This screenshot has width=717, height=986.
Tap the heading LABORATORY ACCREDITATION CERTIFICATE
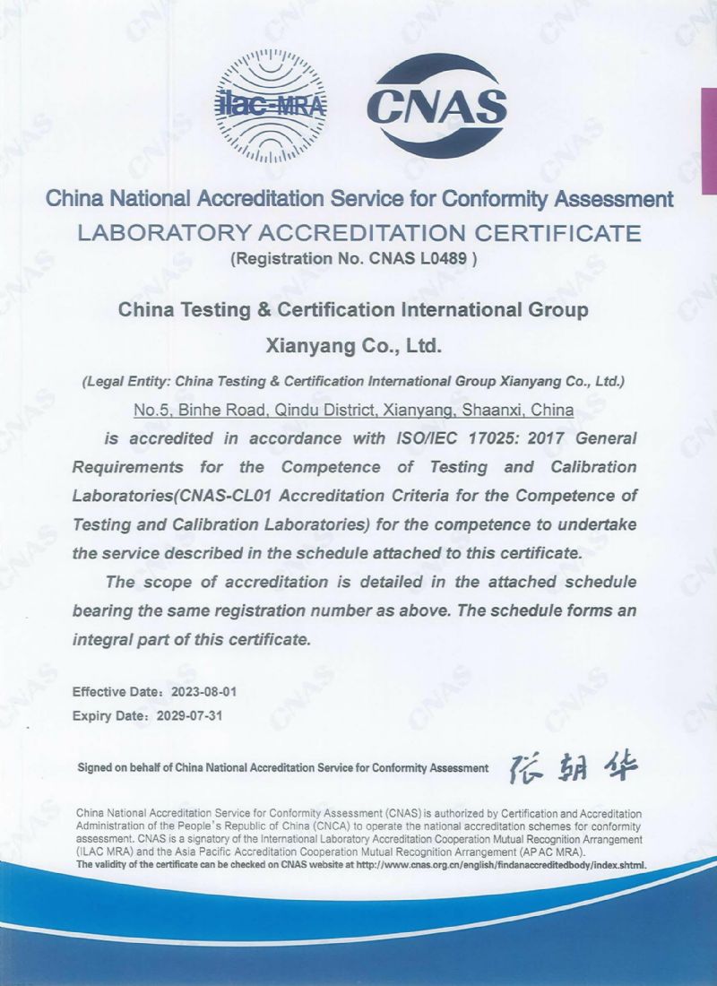click(359, 233)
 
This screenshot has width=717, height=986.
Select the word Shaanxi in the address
click(495, 411)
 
